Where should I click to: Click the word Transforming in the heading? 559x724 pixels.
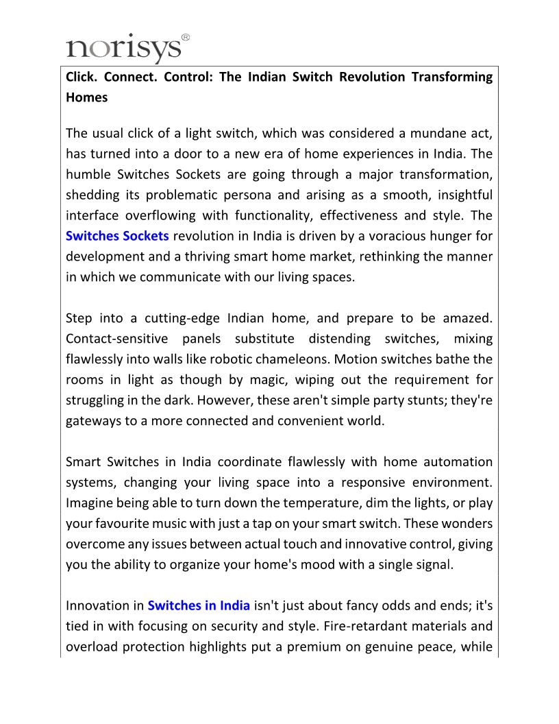[x=451, y=77]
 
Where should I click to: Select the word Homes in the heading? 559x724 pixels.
[x=86, y=97]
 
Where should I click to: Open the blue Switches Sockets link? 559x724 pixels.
[x=117, y=236]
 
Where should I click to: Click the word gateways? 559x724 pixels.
[x=93, y=421]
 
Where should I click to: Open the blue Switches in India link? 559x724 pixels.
[x=199, y=606]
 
